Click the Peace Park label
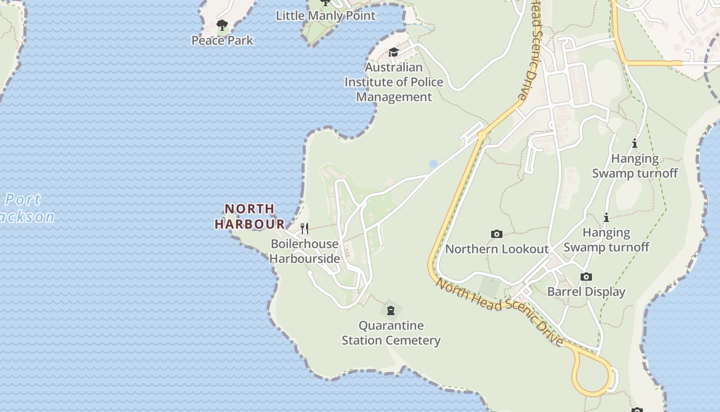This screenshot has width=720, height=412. point(222,40)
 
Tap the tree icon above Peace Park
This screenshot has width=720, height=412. point(222,25)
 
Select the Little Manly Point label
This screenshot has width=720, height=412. point(326,15)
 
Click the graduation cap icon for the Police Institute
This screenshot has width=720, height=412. point(393,52)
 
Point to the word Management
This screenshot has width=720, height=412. point(394,97)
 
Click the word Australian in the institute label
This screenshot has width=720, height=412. point(393,67)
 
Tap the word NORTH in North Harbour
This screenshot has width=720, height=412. point(249,209)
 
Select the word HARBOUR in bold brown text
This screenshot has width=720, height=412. point(249,224)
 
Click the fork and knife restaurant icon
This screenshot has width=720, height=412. point(304,228)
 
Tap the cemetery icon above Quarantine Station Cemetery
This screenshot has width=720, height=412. point(391,311)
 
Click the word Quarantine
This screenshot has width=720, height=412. point(391,325)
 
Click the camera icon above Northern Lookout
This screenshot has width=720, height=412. point(496,234)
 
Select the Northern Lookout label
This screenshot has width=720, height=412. point(496,249)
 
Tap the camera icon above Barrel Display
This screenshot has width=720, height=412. point(586,277)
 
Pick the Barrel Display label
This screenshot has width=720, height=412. point(586,291)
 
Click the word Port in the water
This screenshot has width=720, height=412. point(23,200)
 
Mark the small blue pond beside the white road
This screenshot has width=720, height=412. point(433,164)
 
